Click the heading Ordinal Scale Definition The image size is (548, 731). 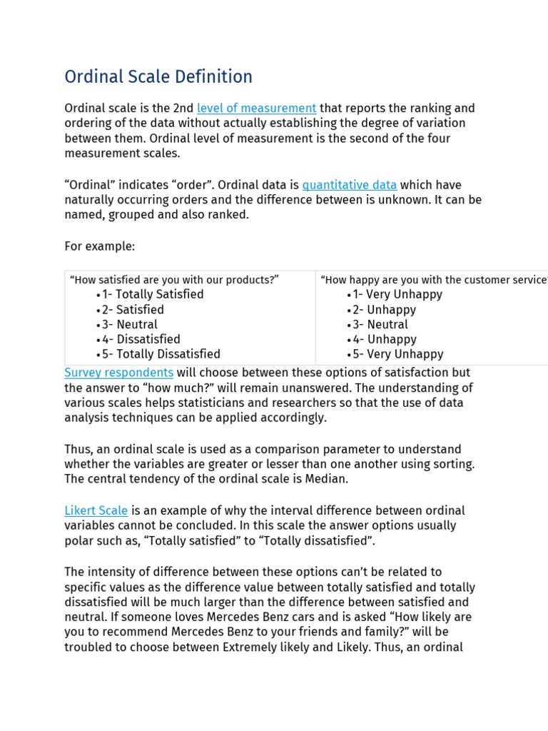point(158,76)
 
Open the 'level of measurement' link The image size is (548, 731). point(256,108)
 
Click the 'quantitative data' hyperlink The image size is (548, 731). point(349,185)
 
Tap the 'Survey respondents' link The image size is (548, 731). point(118,373)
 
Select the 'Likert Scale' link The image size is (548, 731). point(96,510)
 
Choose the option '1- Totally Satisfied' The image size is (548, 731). point(152,294)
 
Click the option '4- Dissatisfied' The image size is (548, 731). point(141,339)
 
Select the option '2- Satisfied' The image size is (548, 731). point(133,310)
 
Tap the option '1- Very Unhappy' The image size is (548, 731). point(397,294)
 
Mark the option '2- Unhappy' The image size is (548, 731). point(385,310)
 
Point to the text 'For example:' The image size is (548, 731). point(99,246)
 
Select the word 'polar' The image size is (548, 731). point(78,541)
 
